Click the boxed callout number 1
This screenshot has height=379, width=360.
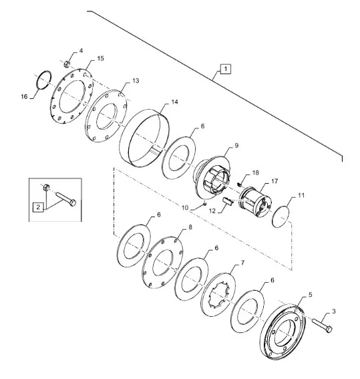point(225,69)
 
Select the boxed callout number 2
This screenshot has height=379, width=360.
point(38,207)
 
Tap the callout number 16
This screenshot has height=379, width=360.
point(24,97)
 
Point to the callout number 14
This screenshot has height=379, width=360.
point(174,102)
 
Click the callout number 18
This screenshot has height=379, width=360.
point(255,172)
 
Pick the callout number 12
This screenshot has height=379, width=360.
point(212,211)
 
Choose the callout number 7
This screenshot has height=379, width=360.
point(242,263)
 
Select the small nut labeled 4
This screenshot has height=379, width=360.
point(67,64)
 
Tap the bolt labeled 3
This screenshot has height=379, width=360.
point(322,325)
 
